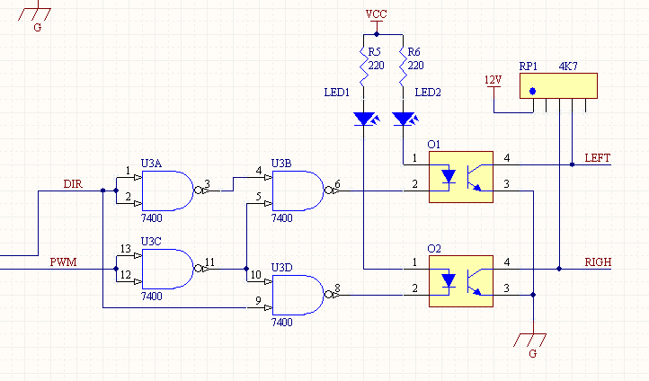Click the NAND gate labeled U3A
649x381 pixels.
coord(167,190)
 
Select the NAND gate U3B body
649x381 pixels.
coord(298,190)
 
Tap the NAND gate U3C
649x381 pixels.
coord(167,269)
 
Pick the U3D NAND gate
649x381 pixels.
coord(298,295)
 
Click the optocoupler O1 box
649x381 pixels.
coord(461,177)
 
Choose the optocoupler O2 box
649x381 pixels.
coord(461,281)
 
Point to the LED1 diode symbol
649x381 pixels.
coord(366,120)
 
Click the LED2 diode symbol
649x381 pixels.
coord(405,120)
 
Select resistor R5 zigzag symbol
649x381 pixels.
coord(363,66)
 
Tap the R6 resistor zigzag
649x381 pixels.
coord(403,66)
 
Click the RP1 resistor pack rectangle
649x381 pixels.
coord(558,85)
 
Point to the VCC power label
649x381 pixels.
coord(377,14)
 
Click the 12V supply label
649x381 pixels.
coord(493,80)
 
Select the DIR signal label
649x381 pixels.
coord(73,184)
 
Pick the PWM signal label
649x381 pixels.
coord(63,262)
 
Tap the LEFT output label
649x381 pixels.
coord(597,158)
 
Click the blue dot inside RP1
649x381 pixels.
coord(533,92)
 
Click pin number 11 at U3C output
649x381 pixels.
coord(209,261)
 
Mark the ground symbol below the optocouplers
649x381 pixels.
coord(530,340)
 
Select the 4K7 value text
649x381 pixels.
coord(568,66)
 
